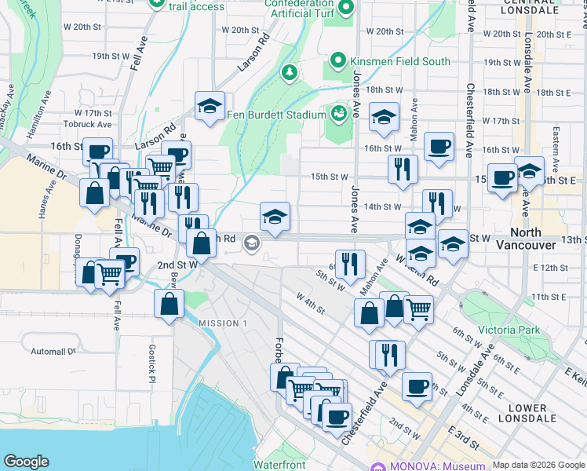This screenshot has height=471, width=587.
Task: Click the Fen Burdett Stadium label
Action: (275, 115)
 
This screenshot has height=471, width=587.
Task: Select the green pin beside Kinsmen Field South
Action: (338, 60)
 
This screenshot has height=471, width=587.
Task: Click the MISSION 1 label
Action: (223, 323)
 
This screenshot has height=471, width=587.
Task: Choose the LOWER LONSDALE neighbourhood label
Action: (527, 414)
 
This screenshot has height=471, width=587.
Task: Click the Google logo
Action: (26, 462)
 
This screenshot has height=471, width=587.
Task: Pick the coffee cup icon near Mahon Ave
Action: (439, 145)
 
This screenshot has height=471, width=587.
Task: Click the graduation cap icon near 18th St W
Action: (383, 117)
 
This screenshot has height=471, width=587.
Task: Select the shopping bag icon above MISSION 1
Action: (170, 305)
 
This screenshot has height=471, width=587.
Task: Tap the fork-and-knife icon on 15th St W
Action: (402, 169)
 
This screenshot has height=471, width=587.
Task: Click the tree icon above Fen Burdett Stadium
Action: (290, 73)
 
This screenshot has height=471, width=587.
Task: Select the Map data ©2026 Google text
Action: (538, 465)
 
